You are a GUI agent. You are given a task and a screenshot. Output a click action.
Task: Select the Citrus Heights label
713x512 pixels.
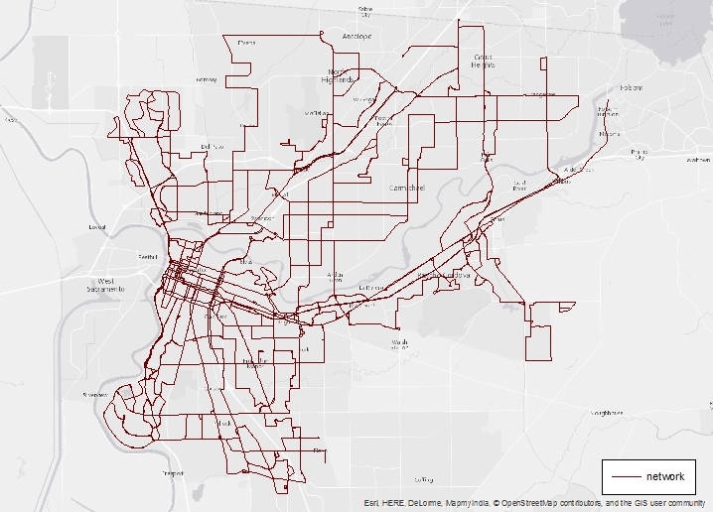[x=484, y=61]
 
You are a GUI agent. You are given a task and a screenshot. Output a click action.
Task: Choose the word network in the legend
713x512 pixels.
[x=664, y=477]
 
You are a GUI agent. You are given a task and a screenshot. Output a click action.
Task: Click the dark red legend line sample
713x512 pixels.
[x=625, y=477]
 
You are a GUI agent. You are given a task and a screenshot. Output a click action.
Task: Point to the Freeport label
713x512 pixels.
[x=172, y=473]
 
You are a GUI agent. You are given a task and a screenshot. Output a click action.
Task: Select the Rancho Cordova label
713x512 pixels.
[x=440, y=274]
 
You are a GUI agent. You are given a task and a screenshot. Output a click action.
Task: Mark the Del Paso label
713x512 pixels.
[x=213, y=147]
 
